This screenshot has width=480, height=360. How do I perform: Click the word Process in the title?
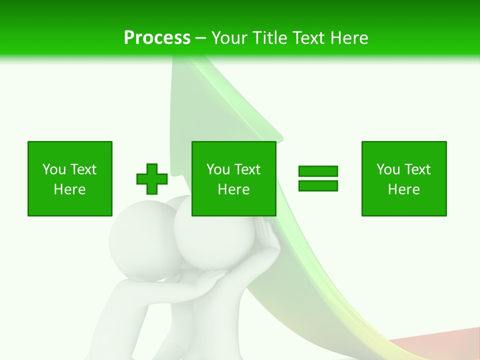coord(157,38)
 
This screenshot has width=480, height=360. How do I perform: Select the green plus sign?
coord(152,179)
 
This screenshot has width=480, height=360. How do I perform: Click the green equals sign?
coord(318,178)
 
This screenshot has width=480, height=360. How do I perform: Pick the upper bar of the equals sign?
coord(318,171)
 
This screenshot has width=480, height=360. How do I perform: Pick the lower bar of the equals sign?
coord(318,185)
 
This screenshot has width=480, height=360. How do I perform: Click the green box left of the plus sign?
coord(70,178)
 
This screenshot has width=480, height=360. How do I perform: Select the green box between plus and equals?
coord(234,178)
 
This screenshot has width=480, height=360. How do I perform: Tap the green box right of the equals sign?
coord(404,178)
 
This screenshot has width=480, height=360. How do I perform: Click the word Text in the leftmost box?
coord(84,169)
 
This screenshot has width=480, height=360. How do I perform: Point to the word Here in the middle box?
coord(234,189)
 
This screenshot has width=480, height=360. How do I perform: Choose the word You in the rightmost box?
coord(388,169)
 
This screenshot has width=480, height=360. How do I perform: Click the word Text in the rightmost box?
coord(418,169)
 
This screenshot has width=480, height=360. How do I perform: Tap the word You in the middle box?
coord(218,169)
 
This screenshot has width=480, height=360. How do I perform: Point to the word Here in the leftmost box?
coord(70,189)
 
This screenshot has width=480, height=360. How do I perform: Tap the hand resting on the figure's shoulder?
coord(212,278)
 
